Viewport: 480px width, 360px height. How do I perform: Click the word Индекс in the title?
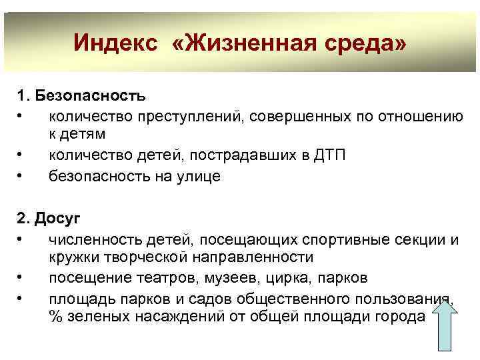point(115,44)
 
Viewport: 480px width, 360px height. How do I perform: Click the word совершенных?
point(295,117)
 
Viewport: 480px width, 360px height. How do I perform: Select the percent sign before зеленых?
point(55,315)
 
